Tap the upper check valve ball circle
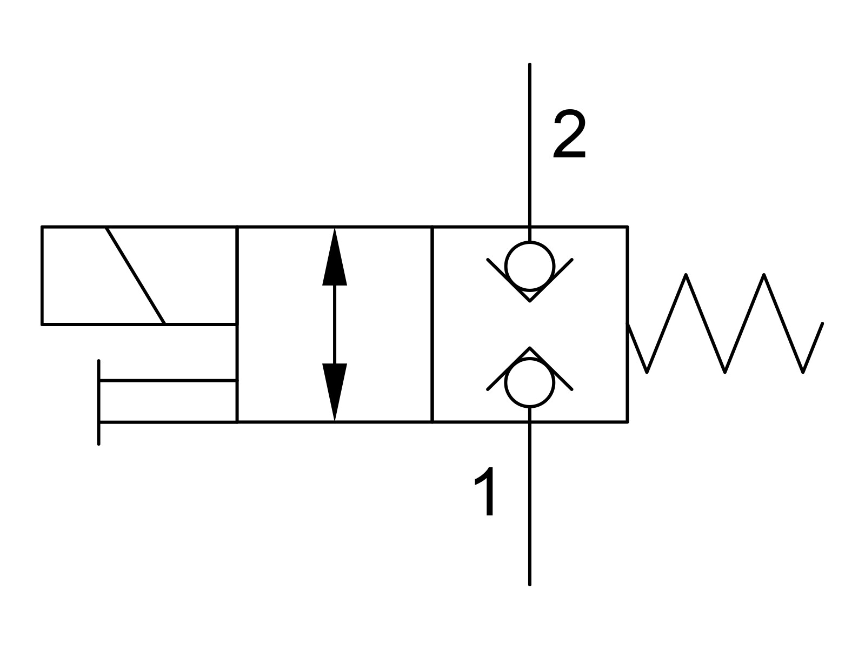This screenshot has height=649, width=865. click(530, 266)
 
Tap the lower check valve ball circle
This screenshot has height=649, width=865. click(530, 382)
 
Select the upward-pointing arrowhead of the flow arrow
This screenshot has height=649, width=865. click(335, 257)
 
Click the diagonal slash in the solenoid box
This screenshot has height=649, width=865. click(135, 275)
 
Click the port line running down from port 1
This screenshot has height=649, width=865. click(530, 503)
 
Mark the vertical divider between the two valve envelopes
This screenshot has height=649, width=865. click(432, 324)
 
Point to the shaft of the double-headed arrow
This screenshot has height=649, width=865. click(335, 324)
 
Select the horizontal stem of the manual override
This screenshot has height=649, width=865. click(168, 381)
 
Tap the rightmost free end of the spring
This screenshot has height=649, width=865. click(822, 325)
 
